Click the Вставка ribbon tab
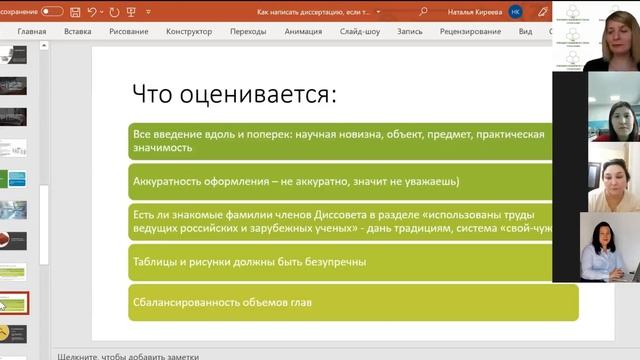click(77, 31)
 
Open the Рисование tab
click(128, 31)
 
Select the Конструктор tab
click(188, 31)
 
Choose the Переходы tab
click(248, 31)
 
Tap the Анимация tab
click(303, 31)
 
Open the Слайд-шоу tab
click(360, 31)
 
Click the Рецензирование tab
click(469, 31)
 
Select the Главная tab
click(31, 31)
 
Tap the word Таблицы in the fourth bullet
click(154, 261)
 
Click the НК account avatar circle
click(515, 11)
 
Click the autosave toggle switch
click(51, 11)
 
